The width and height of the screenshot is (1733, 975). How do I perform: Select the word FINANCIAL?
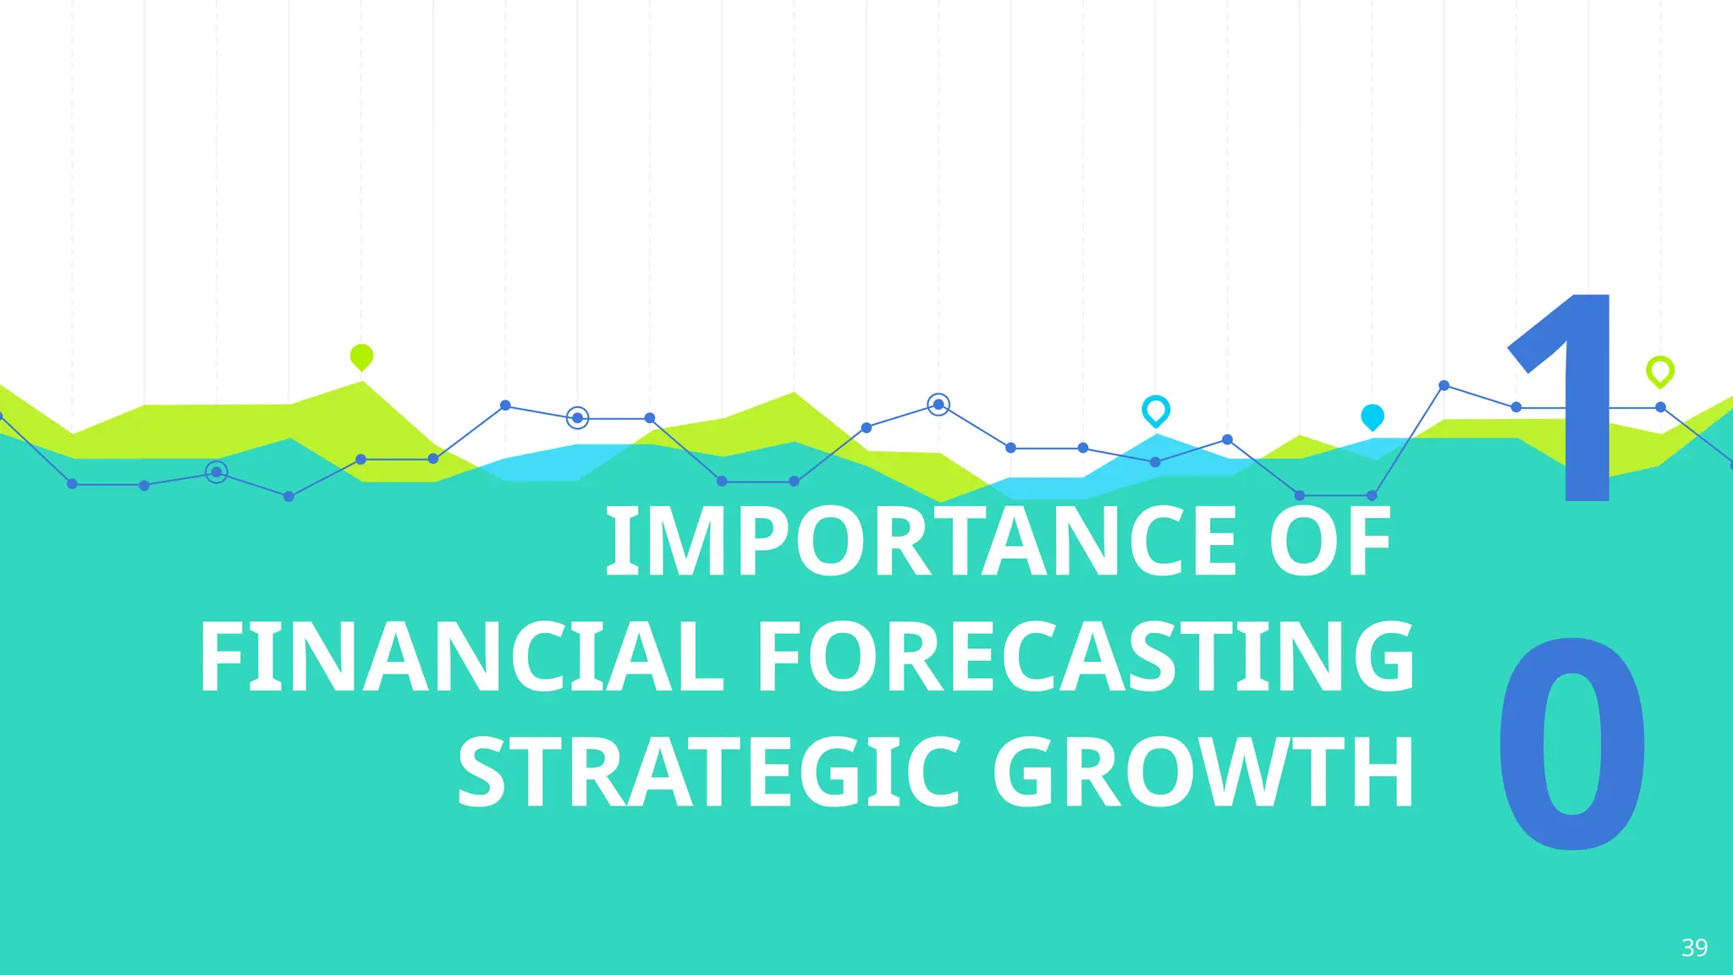461,658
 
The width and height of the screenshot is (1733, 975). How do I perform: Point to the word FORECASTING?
1085,658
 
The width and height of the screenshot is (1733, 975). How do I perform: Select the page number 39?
1694,947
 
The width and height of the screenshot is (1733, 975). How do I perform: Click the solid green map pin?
361,356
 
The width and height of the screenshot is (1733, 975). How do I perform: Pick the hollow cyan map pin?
1155,410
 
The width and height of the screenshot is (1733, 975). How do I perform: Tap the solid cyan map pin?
1372,416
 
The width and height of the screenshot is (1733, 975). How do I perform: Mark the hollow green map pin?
1659,371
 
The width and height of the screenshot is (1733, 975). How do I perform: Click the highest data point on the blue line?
1444,385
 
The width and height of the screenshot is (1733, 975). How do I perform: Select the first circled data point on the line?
217,472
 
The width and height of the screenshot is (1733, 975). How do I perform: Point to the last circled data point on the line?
938,405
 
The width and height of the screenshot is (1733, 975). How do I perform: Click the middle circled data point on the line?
577,417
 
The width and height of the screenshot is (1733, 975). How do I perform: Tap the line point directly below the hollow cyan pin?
1155,462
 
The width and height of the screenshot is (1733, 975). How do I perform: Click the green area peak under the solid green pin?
363,383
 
